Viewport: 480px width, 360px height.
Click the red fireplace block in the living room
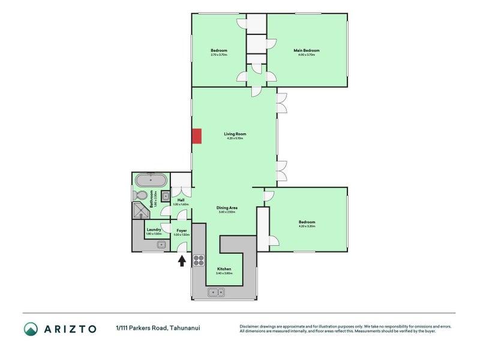196,136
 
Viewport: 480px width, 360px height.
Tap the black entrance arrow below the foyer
182,260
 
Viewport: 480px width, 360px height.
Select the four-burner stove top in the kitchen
199,260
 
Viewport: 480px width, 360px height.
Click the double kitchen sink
216,292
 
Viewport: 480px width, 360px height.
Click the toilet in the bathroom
139,195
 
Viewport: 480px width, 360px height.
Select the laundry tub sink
161,244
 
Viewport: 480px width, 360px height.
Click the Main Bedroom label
306,50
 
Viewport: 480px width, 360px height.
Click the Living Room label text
235,134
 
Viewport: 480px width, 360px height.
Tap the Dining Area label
226,208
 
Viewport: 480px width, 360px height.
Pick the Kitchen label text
225,269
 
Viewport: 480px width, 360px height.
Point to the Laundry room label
154,229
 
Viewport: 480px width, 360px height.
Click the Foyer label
181,230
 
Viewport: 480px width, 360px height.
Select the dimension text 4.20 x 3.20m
307,226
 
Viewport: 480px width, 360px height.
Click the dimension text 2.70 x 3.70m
218,55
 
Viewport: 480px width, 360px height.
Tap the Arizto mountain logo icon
31,328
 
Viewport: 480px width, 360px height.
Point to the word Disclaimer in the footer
251,326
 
